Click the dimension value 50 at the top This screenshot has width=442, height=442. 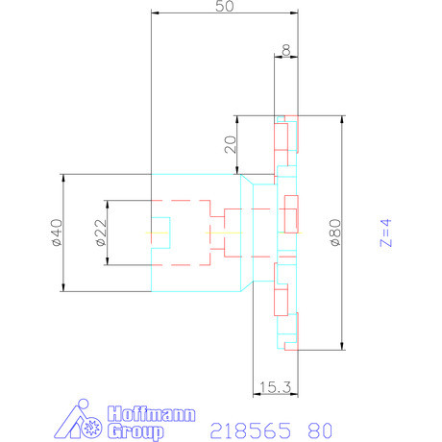(x=224, y=7)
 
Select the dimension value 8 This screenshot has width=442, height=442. (x=286, y=49)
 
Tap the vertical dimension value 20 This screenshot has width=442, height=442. (x=229, y=145)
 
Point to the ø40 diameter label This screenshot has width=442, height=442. (x=56, y=233)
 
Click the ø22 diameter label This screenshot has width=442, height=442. (x=101, y=233)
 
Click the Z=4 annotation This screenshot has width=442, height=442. (x=385, y=233)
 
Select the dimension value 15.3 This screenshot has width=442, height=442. (x=274, y=386)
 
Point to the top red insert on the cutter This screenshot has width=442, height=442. (x=282, y=135)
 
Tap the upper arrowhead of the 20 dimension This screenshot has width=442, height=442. (x=236, y=121)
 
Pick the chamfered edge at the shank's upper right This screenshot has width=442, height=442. (x=246, y=181)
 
